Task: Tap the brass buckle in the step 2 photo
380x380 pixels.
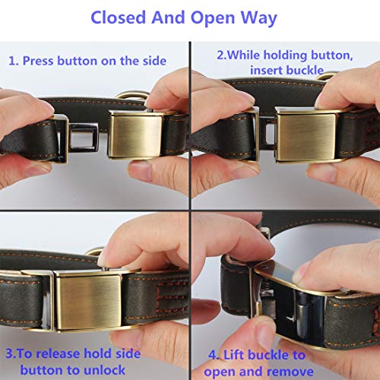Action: tap(303, 134)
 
